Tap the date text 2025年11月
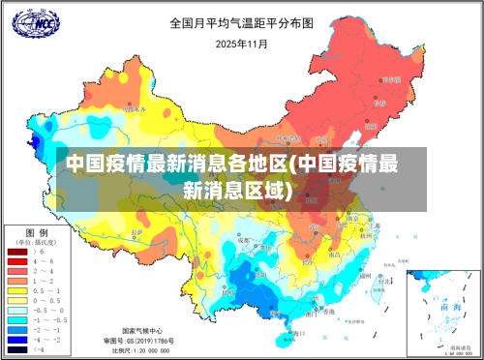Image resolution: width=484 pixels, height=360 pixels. click(241, 44)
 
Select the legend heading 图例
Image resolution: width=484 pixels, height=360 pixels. click(37, 233)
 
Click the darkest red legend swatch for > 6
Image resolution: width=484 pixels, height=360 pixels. click(16, 252)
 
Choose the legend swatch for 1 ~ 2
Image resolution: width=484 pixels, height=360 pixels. click(16, 281)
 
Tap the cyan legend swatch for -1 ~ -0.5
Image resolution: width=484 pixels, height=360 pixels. click(16, 318)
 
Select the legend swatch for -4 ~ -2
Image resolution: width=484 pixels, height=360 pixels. click(16, 338)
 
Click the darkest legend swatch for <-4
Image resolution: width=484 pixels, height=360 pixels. click(16, 347)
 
